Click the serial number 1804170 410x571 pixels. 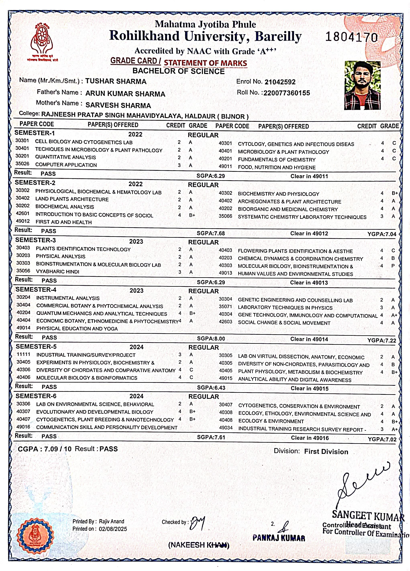(x=351, y=37)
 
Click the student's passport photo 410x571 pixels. (x=362, y=85)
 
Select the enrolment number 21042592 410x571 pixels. (x=280, y=82)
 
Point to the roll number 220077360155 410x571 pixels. (x=287, y=93)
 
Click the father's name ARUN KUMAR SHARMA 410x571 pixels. (x=125, y=94)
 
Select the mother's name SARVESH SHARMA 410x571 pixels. (x=118, y=105)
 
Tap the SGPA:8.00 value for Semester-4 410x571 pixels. (x=211, y=339)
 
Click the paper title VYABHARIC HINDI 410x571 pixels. (x=58, y=272)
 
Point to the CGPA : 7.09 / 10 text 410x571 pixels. (x=45, y=449)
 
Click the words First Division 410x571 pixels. (x=326, y=451)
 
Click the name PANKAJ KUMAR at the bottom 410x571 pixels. (x=279, y=538)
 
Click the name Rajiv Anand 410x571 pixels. (x=111, y=521)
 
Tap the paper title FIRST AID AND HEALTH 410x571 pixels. (x=64, y=222)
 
